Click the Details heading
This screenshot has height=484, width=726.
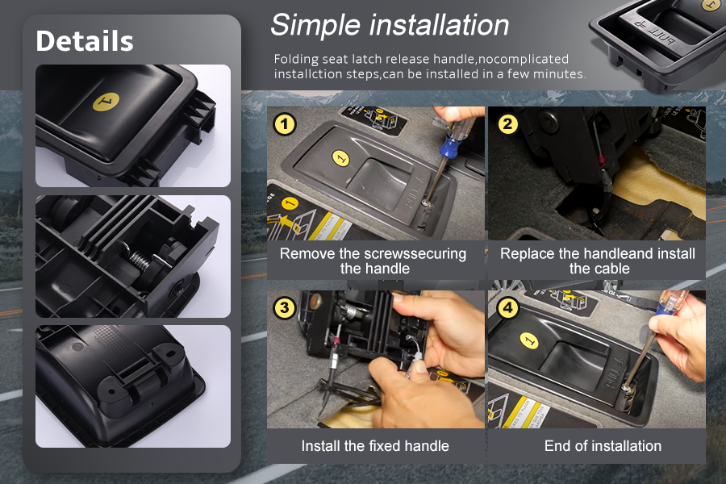click(x=85, y=41)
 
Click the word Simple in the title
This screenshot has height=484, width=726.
click(x=315, y=25)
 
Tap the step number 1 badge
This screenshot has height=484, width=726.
click(x=284, y=124)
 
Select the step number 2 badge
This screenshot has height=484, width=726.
click(x=507, y=123)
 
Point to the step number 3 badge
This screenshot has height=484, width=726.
click(x=284, y=308)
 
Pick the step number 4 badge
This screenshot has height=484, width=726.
click(x=507, y=308)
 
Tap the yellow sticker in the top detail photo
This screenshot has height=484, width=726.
click(x=106, y=102)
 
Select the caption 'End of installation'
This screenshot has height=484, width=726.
click(x=603, y=445)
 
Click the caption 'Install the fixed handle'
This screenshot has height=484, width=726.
click(x=375, y=445)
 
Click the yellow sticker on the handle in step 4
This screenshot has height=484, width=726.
click(x=528, y=340)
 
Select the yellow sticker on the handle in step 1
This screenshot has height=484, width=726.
click(x=340, y=158)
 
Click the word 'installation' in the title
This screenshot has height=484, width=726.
click(x=439, y=25)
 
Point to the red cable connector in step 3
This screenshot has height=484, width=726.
click(x=336, y=342)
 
